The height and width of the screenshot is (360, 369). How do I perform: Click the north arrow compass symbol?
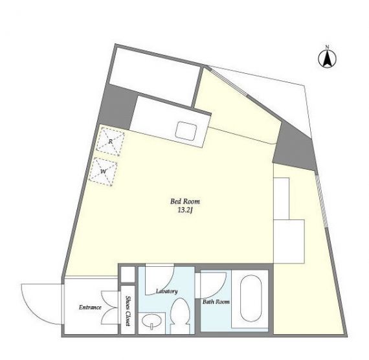pos(327,59)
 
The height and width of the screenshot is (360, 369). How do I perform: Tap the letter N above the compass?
pos(327,47)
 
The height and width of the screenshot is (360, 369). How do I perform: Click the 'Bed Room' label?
pos(185,201)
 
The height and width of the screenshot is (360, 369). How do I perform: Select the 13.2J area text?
pos(185,210)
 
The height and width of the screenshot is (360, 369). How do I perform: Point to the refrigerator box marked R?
pos(110,141)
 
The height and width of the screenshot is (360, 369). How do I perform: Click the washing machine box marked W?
pos(103,172)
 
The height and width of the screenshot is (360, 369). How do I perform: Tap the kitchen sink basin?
pos(186,130)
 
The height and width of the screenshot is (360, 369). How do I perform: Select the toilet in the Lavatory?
pos(180,315)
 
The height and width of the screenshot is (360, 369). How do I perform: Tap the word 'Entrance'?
pos(90,308)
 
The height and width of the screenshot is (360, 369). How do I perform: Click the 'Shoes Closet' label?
pos(128,311)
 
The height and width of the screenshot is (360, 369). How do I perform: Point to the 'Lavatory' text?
pos(167,291)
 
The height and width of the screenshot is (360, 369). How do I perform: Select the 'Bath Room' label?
pos(216,302)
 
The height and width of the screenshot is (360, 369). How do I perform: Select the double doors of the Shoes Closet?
pos(110,308)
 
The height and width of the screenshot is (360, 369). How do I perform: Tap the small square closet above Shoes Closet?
pos(128,275)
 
